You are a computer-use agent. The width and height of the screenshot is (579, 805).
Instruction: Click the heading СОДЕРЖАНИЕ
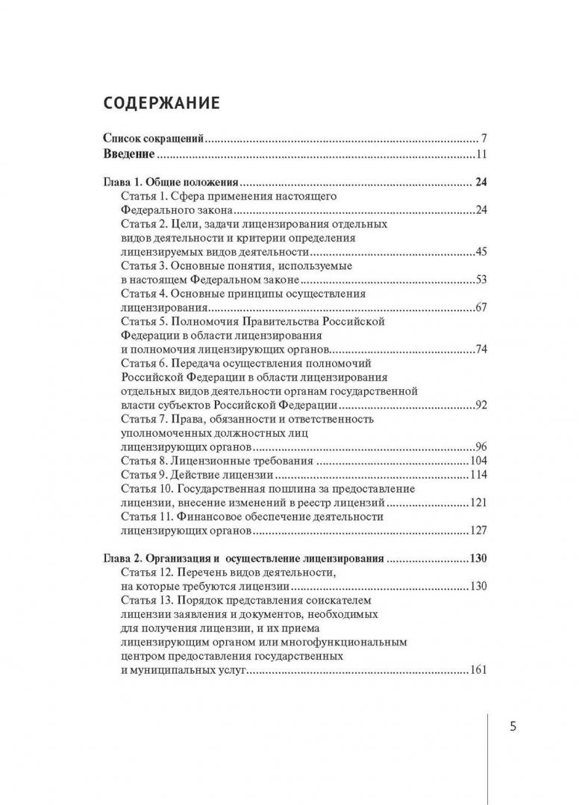pos(160,102)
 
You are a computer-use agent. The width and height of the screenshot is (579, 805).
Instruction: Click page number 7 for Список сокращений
pos(483,139)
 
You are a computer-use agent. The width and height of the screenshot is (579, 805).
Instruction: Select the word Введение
pos(128,154)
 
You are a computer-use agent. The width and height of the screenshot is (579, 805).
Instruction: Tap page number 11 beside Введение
pos(481,155)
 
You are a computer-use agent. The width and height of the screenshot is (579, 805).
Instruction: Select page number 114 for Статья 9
pos(478,475)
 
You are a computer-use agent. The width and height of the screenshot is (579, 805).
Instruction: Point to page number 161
pos(478,670)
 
